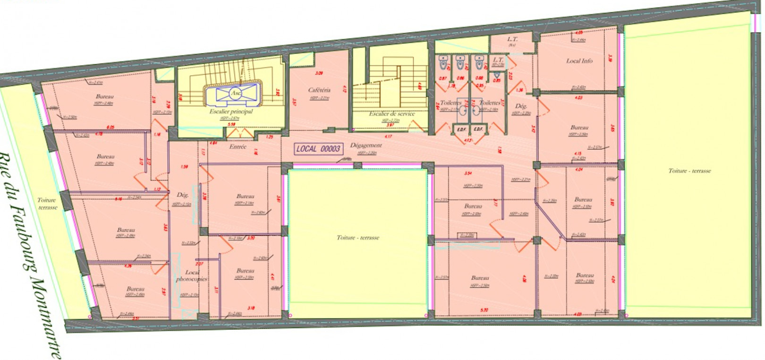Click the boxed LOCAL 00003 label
click(318, 149)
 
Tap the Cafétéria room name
click(319, 90)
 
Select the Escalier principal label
click(231, 111)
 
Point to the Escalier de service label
click(392, 114)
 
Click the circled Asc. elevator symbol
click(235, 93)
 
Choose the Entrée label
click(238, 147)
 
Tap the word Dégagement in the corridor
click(366, 145)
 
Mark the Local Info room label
click(579, 61)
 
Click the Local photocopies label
click(192, 275)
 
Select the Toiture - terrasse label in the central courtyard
click(357, 238)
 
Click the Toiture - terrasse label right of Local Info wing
click(689, 171)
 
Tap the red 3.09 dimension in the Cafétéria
click(319, 73)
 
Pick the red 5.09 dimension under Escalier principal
click(231, 124)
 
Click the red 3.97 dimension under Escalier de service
click(390, 125)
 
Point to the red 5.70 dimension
click(484, 310)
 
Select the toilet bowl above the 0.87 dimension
click(443, 63)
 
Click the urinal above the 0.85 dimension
click(497, 75)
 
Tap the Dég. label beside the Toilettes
click(521, 106)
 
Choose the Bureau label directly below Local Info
click(579, 128)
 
